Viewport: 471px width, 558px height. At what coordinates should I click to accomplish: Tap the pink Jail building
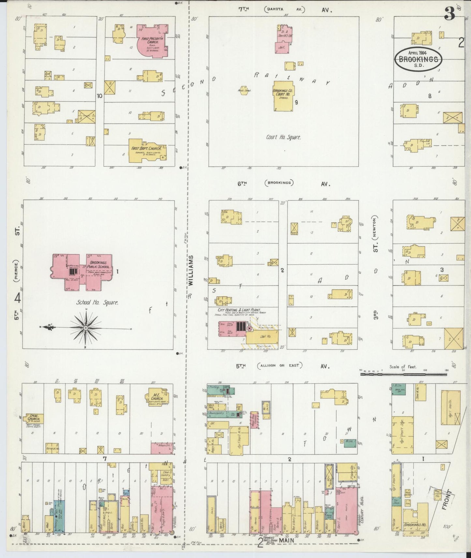pos(281,48)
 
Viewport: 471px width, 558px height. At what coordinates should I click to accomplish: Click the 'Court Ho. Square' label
pos(283,137)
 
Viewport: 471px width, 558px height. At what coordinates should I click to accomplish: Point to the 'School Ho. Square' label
pos(97,302)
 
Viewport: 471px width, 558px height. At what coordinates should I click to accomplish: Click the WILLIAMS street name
pos(191,271)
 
